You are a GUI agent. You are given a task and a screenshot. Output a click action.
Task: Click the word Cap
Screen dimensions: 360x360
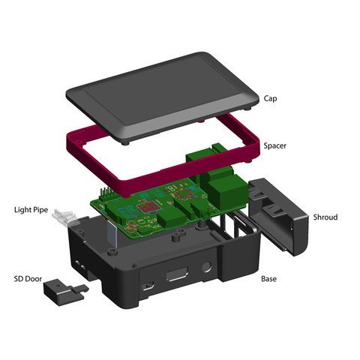click(x=271, y=98)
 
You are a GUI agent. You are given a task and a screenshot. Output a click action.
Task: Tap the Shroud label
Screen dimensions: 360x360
click(x=325, y=217)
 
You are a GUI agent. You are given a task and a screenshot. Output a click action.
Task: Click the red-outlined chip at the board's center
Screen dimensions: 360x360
click(x=150, y=208)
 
